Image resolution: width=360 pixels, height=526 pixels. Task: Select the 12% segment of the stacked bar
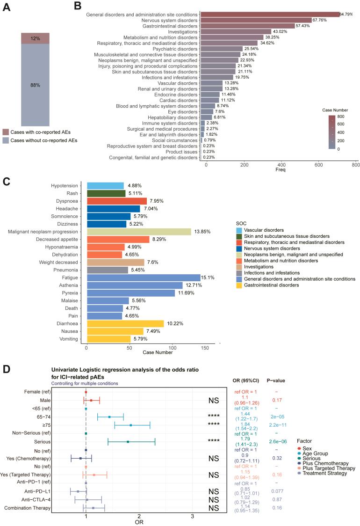(x=35, y=39)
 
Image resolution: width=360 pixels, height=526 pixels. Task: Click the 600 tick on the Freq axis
(x=281, y=165)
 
